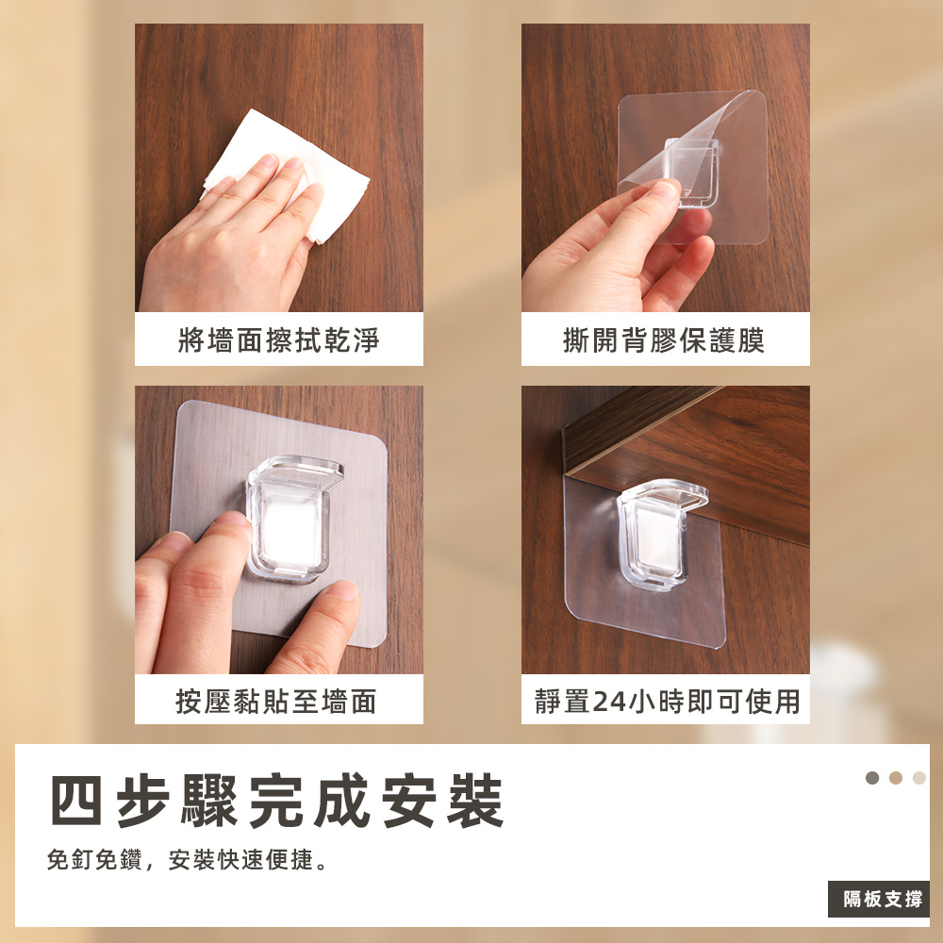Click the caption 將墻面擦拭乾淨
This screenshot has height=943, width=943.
pyautogui.click(x=278, y=339)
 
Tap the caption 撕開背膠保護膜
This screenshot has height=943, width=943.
pyautogui.click(x=664, y=339)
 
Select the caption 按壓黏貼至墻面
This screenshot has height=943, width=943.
pyautogui.click(x=276, y=701)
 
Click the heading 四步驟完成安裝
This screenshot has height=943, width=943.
pyautogui.click(x=276, y=801)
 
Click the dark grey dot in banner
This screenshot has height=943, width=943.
pyautogui.click(x=872, y=778)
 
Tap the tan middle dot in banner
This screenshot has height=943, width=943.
pyautogui.click(x=896, y=778)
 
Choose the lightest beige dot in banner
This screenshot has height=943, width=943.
pyautogui.click(x=918, y=778)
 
